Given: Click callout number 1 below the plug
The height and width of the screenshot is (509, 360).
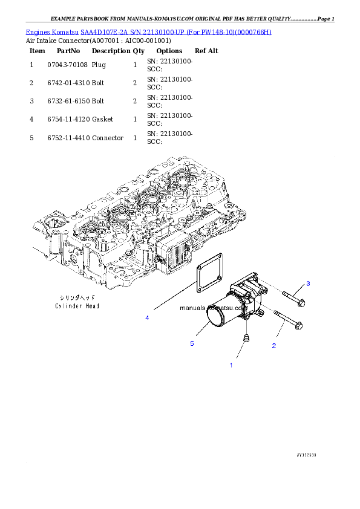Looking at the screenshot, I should [231, 365].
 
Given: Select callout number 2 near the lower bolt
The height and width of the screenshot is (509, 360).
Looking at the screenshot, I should [273, 346].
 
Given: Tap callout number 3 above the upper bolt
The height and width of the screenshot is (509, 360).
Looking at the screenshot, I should [307, 284].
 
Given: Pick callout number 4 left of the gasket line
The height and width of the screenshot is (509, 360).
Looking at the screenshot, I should [146, 317].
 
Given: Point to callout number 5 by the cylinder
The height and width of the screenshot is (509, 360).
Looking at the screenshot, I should [192, 343].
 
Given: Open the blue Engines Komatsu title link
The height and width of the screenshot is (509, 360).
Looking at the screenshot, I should [148, 31].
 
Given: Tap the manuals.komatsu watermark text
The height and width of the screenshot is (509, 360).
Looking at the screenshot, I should [214, 308].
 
